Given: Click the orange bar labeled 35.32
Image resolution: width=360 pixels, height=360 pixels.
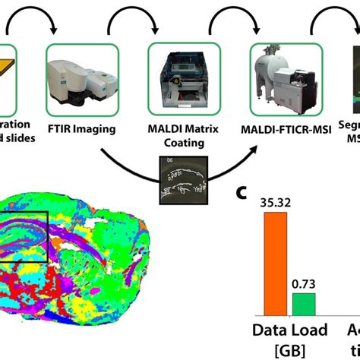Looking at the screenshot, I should (x=276, y=263).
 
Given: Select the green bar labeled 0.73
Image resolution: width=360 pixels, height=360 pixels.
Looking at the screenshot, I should (x=304, y=305).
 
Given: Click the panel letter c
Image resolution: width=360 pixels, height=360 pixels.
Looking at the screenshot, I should (x=241, y=193).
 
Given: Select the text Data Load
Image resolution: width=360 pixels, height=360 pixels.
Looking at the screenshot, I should (x=290, y=330).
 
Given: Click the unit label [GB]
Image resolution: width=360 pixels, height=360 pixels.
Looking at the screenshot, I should (x=290, y=350).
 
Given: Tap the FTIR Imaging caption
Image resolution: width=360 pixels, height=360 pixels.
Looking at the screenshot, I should (x=81, y=128).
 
